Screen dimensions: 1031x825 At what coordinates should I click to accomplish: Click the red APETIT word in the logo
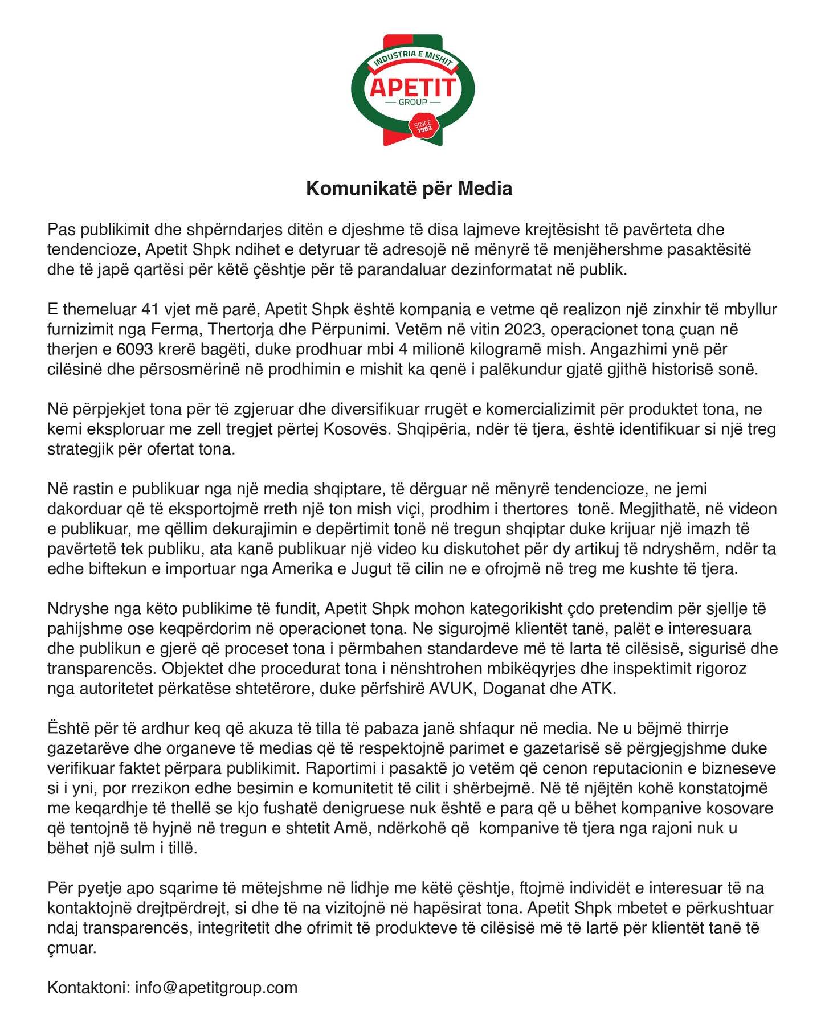coord(412,87)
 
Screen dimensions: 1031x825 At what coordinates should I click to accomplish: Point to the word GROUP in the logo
coord(413,103)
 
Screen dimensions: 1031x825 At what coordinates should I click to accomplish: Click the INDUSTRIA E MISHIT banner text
coord(412,59)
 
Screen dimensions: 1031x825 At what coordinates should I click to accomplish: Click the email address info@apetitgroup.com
coord(216,987)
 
